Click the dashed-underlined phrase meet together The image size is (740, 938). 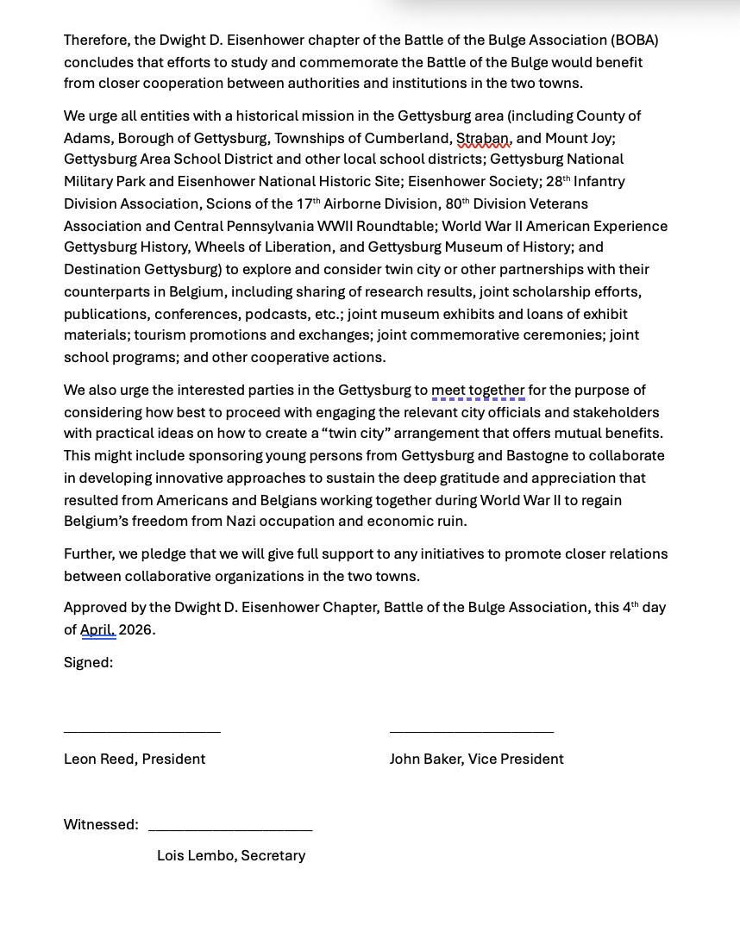(x=478, y=390)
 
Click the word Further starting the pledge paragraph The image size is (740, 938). (x=91, y=553)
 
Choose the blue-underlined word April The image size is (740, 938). (x=97, y=629)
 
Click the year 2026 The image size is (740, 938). (x=136, y=629)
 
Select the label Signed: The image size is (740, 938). (x=88, y=662)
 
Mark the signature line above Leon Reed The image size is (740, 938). (x=142, y=732)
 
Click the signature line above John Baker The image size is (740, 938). (x=472, y=732)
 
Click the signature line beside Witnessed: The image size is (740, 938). (x=230, y=830)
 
